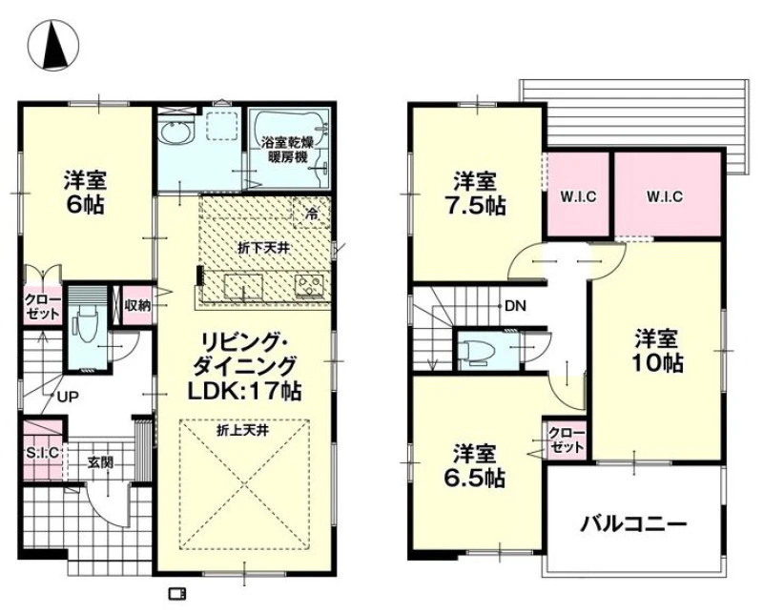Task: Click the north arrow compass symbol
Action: click(x=53, y=44)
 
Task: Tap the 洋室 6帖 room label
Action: click(x=85, y=193)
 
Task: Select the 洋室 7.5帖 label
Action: click(x=475, y=194)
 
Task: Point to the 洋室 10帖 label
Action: click(x=657, y=350)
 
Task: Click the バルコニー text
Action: click(x=633, y=525)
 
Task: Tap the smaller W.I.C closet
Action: click(x=579, y=196)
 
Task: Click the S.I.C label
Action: click(x=42, y=453)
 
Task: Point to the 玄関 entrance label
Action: click(x=101, y=461)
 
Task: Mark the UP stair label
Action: click(x=68, y=398)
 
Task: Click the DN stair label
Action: click(x=515, y=306)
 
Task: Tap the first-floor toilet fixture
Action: click(x=86, y=330)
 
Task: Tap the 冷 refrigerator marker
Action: click(x=312, y=214)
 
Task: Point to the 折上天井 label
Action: click(x=243, y=430)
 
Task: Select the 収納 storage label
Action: click(x=137, y=305)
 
